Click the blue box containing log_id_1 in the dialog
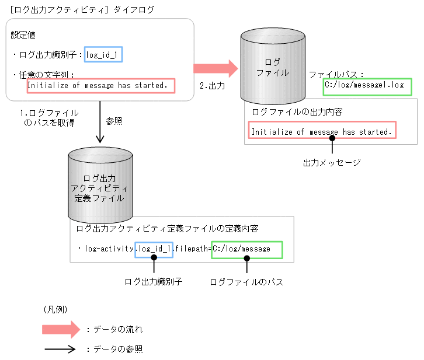click(104, 55)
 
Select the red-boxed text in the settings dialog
click(101, 86)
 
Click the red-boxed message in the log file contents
click(322, 131)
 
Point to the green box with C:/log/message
click(246, 250)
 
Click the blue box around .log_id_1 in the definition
click(154, 250)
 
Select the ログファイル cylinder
click(273, 64)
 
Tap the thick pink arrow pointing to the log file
click(216, 69)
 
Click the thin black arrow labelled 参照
click(100, 123)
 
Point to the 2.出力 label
click(213, 86)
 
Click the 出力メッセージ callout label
click(332, 162)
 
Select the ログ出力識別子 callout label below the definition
click(154, 282)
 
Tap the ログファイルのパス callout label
click(246, 282)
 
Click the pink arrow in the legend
click(60, 329)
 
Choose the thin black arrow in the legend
click(60, 349)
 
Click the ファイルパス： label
click(336, 75)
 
